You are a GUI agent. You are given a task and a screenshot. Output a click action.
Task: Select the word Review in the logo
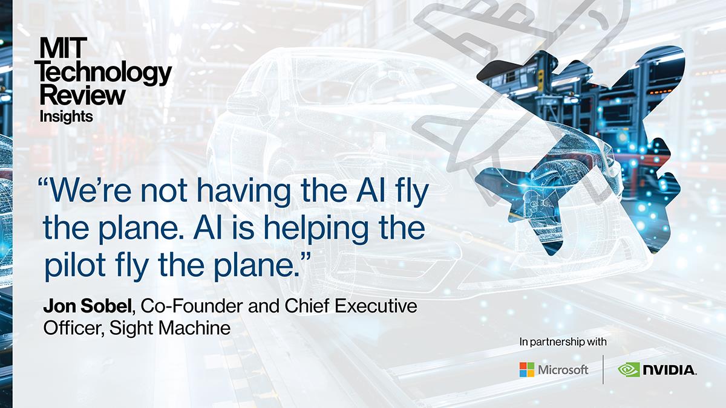point(83,94)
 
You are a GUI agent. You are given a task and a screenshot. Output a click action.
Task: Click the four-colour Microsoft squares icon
point(527,369)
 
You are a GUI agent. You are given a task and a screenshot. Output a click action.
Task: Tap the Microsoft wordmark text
point(563,369)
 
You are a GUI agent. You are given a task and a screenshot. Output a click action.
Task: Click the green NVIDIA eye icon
point(630,369)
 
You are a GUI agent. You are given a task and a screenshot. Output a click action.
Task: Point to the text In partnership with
point(563,342)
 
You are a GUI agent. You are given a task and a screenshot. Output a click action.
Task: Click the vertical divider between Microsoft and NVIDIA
point(603,369)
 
